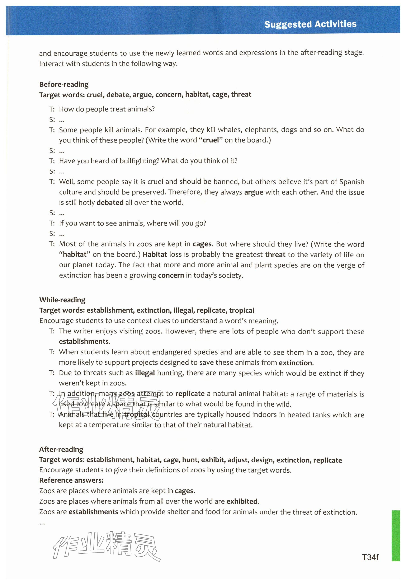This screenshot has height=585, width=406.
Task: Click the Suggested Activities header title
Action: click(x=310, y=24)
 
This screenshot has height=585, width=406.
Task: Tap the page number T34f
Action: click(x=370, y=557)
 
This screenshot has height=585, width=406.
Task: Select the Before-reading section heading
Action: click(x=64, y=84)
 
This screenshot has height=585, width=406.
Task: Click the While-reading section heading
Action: click(x=62, y=300)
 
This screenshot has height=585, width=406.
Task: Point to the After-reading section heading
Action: click(x=61, y=449)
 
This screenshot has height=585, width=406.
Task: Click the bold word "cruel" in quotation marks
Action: click(x=211, y=140)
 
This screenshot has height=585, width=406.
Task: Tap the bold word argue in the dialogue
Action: click(x=254, y=192)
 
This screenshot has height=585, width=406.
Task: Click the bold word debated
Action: click(x=110, y=202)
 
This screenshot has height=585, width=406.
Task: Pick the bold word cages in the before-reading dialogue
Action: click(x=202, y=244)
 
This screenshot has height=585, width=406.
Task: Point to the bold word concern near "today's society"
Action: click(x=171, y=275)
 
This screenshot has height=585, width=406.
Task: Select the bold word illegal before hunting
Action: click(x=145, y=373)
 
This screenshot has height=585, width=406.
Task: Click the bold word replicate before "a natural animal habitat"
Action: click(x=190, y=394)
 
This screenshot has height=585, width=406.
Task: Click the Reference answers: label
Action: click(x=71, y=480)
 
